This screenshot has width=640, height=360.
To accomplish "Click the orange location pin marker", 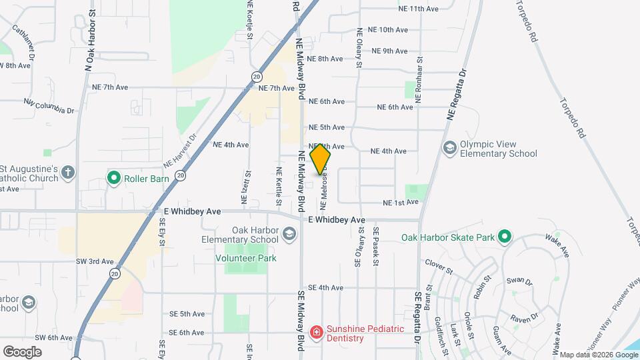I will point(321,159).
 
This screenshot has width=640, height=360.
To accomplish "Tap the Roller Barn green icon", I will point(113,178).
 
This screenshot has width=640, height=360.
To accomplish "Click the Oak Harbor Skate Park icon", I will point(505,237).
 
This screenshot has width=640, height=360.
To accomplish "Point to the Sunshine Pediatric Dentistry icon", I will point(317,332).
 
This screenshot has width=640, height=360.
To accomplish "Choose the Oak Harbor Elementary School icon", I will point(289,234).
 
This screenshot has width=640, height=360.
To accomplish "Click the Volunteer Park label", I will point(245,257).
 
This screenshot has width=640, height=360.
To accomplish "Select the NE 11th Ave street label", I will point(418,9).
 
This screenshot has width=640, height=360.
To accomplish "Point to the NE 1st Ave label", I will point(400,202).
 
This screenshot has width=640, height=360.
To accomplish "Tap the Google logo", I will point(22,351).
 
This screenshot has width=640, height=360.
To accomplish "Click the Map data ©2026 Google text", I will point(598,355).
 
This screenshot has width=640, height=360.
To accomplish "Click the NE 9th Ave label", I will point(389,51).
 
